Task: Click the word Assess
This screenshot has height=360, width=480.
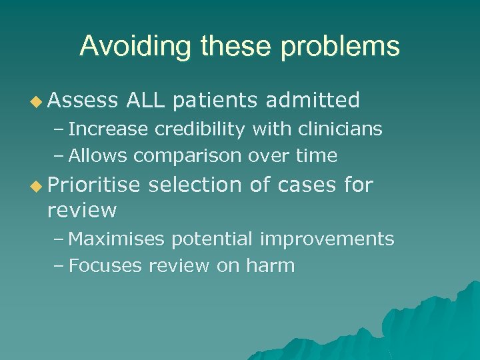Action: point(81,101)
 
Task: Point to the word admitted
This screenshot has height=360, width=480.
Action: point(313,101)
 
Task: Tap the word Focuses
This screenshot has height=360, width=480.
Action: point(106,266)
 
